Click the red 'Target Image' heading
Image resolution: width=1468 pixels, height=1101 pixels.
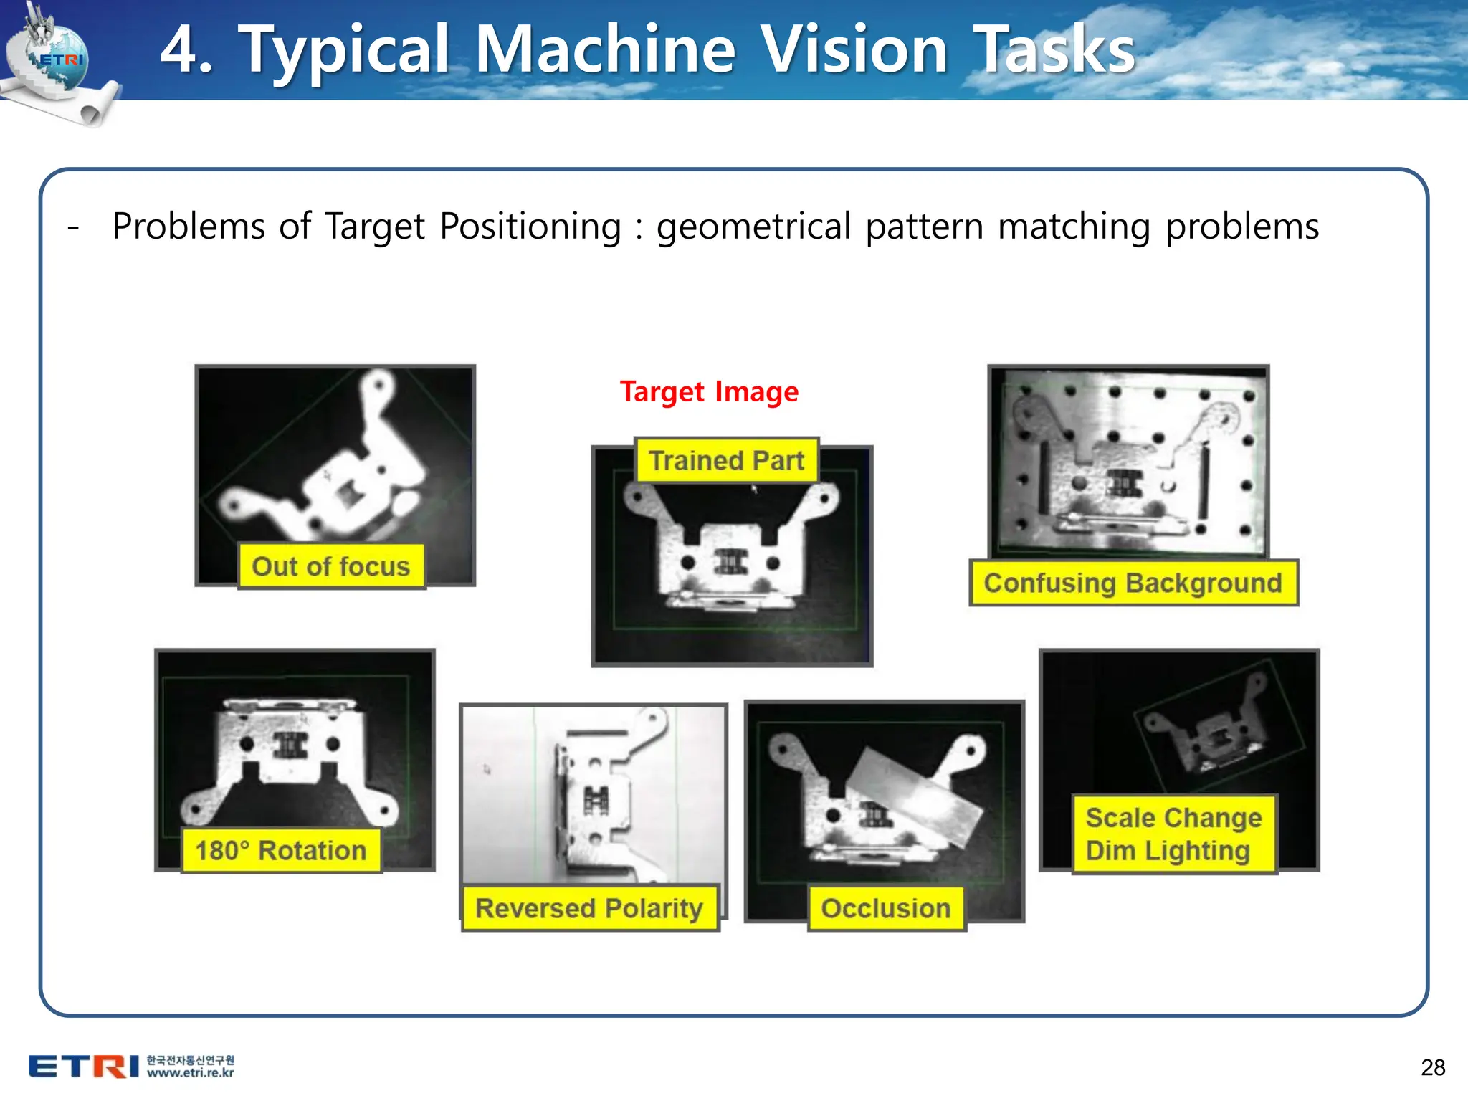(708, 392)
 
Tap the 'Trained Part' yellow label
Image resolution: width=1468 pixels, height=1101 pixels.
(726, 460)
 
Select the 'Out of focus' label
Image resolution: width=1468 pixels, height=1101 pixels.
(330, 566)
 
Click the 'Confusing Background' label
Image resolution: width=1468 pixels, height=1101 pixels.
(1133, 583)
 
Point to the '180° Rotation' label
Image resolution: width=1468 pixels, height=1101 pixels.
(281, 850)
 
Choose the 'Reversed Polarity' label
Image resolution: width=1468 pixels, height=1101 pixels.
(589, 908)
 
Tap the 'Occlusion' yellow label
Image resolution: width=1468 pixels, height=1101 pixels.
(886, 908)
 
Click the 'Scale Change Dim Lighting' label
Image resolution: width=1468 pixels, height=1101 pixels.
(1173, 834)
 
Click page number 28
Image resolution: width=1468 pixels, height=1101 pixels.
(1432, 1067)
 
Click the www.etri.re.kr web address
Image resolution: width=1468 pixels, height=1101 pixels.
(190, 1073)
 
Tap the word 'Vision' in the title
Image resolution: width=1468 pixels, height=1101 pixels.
(854, 50)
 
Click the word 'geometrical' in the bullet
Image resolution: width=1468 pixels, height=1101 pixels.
(753, 227)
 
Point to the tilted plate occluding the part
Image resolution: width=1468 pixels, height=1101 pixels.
(914, 796)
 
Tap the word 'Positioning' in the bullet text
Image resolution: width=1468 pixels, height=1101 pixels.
(530, 227)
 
